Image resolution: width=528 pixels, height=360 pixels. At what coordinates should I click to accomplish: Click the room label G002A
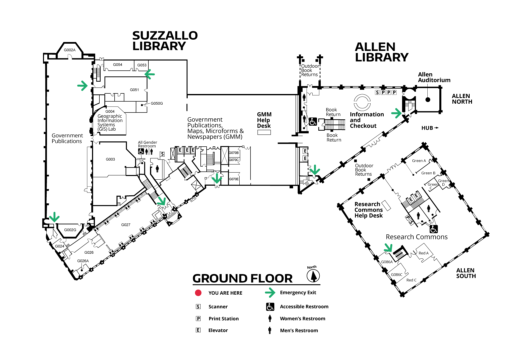70,50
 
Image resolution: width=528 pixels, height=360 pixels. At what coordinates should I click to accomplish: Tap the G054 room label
118,65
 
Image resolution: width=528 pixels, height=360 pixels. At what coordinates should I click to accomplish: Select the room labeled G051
134,90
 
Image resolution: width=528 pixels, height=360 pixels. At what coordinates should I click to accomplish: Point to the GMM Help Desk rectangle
264,132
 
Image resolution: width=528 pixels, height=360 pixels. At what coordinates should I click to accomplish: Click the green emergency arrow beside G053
150,74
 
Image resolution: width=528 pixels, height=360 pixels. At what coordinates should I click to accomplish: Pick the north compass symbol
313,276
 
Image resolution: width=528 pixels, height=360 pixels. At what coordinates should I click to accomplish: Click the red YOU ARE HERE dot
198,293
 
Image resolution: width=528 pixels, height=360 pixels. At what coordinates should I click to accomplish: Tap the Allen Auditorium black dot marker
428,99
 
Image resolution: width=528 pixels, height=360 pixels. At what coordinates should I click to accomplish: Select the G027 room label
126,225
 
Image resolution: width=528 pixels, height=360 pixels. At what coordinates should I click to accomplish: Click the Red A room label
424,253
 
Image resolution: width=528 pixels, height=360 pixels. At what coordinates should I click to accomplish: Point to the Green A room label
419,161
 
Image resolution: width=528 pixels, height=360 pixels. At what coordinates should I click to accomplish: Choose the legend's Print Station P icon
198,319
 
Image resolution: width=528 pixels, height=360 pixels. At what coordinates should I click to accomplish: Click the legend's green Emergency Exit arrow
270,293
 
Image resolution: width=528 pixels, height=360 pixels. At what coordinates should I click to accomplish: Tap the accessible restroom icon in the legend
270,307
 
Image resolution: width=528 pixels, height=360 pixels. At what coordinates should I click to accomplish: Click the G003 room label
110,159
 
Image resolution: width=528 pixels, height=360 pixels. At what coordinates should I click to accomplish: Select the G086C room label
397,275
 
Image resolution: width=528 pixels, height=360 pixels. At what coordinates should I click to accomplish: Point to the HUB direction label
430,128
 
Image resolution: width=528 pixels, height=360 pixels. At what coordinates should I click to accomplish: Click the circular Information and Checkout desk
362,102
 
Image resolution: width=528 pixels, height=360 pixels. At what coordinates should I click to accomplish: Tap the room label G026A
83,261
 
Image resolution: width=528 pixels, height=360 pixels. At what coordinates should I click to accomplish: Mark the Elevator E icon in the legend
198,330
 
